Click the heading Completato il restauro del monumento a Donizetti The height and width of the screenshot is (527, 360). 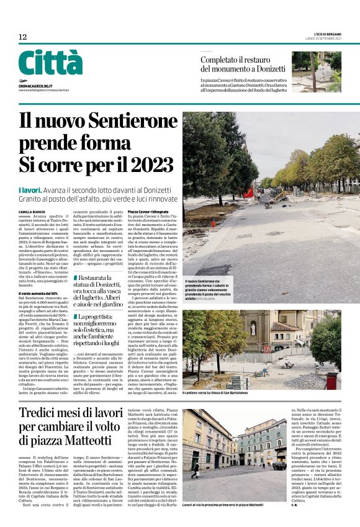tap(243, 65)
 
